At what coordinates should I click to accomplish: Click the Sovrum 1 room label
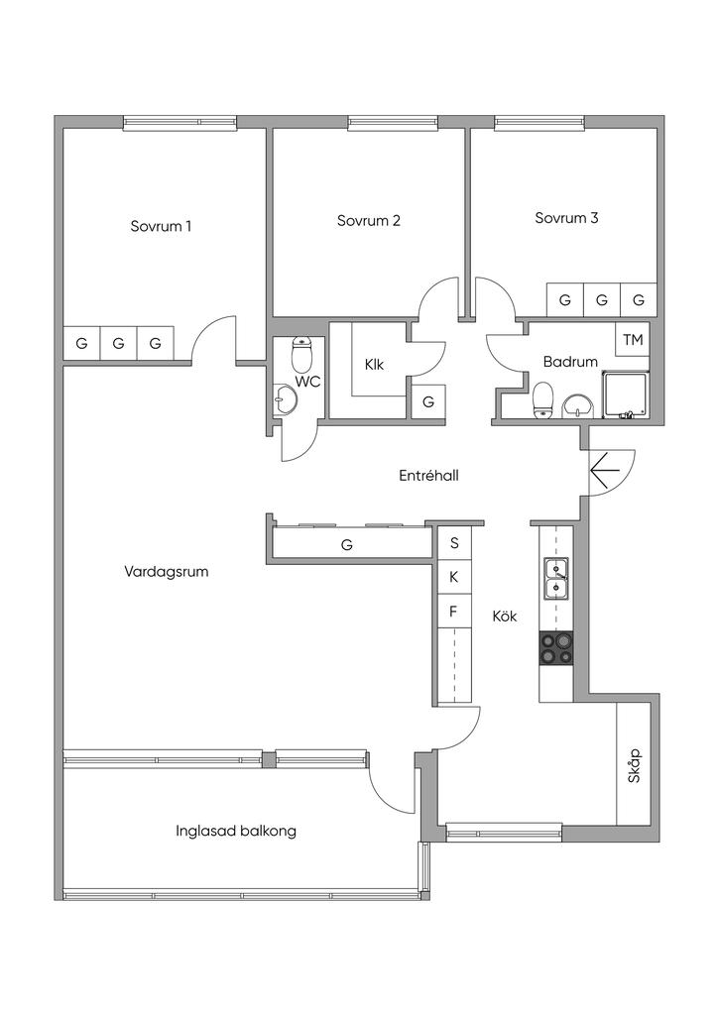coord(161,226)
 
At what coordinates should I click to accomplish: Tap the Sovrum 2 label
coord(368,220)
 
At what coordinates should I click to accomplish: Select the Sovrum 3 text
coord(566,218)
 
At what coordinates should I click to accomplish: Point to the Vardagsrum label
coord(167,571)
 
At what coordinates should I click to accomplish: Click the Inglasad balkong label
coord(235,831)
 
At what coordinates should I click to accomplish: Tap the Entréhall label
coord(428,476)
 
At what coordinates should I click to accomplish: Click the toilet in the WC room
coord(302,354)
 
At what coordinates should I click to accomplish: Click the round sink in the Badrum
coord(577,404)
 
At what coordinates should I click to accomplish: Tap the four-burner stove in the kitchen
coord(556,647)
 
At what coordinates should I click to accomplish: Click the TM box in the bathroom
coord(633,340)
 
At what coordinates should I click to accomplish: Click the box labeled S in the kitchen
coord(454,542)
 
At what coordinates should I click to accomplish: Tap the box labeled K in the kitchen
coord(454,576)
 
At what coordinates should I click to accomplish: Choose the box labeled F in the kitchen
coord(454,611)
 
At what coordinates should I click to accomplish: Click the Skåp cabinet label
coord(635,765)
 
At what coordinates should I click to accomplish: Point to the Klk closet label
coord(374,364)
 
